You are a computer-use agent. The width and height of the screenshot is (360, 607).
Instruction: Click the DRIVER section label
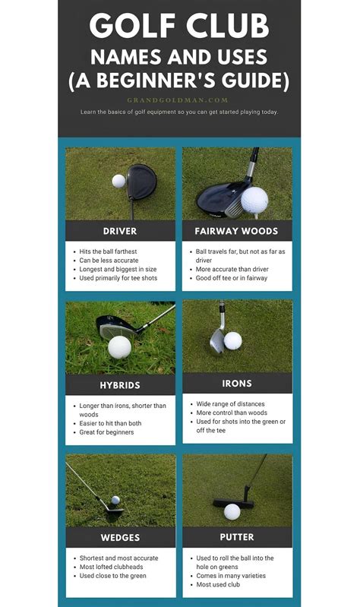[120, 230]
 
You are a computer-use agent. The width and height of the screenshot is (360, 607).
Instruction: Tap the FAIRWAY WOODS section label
[237, 230]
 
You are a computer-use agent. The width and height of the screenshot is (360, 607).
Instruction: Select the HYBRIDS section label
[120, 385]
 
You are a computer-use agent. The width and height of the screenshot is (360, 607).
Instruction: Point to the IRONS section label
[237, 383]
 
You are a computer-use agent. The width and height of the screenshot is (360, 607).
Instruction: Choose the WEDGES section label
[120, 537]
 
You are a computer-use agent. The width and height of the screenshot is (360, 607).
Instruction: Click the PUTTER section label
[237, 537]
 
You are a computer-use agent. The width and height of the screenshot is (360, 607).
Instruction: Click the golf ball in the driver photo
[118, 181]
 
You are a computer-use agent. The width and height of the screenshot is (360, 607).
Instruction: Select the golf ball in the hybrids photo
[119, 347]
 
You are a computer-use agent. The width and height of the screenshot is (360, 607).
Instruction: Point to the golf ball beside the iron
[232, 340]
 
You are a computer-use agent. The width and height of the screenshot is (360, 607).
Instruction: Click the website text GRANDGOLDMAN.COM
[179, 99]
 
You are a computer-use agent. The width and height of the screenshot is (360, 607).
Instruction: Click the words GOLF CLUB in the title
[179, 27]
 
